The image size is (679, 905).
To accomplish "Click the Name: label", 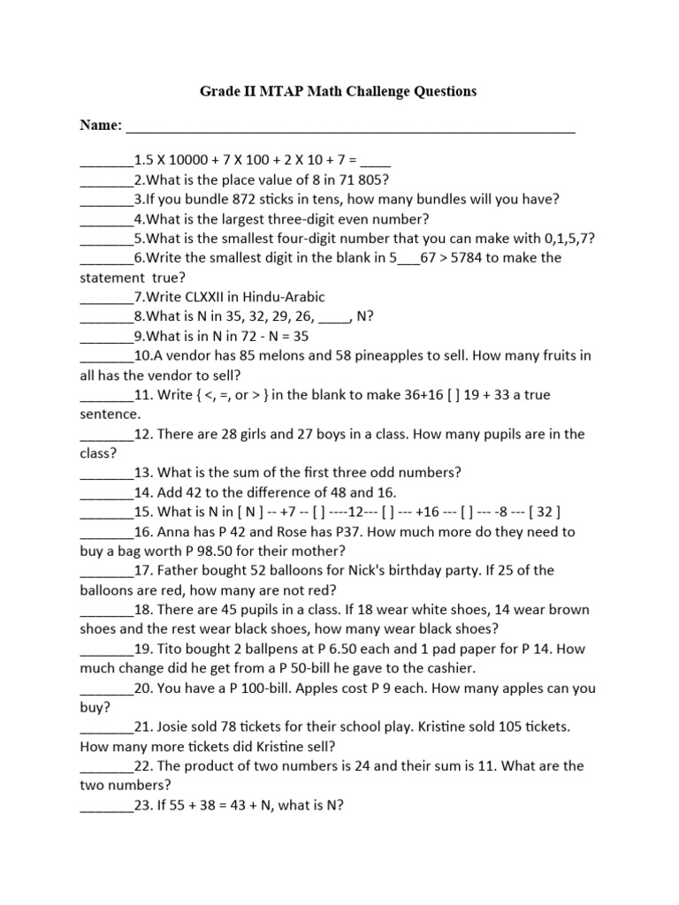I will pyautogui.click(x=102, y=126).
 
